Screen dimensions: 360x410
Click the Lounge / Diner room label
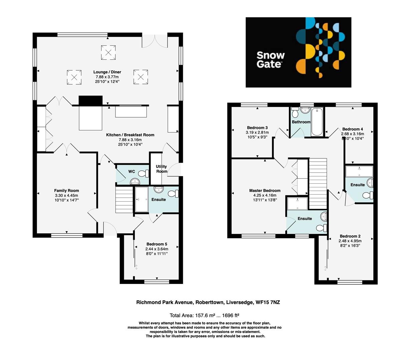point(107,72)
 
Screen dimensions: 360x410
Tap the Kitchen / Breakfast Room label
point(130,135)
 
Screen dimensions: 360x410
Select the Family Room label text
point(66,191)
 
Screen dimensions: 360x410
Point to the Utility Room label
point(162,169)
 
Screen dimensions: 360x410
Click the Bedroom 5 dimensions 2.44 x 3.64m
point(156,249)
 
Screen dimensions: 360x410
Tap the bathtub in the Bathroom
point(317,122)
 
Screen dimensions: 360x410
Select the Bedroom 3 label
point(257,128)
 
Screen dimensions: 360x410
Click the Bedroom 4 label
point(352,129)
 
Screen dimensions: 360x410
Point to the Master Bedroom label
point(265,191)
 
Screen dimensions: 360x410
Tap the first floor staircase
point(317,183)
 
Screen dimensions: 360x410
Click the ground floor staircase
point(124,199)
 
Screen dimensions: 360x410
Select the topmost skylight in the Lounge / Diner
point(108,52)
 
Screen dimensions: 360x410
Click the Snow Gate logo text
point(270,60)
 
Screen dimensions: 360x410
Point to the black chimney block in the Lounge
point(90,100)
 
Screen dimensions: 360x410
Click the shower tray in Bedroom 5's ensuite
point(141,199)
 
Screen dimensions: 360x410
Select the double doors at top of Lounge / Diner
point(154,41)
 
